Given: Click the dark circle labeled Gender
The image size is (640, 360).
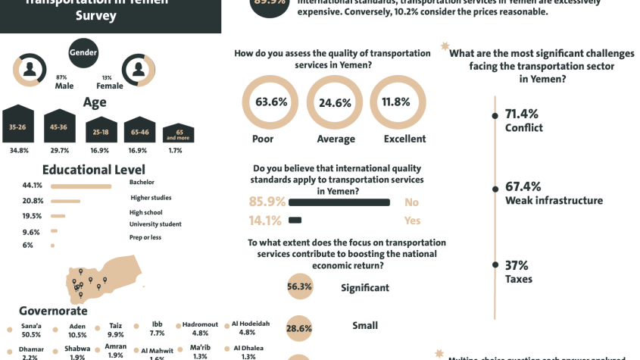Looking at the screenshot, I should [83, 52].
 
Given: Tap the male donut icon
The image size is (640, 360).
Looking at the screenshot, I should [30, 70].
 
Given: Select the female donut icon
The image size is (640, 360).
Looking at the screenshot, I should [139, 70].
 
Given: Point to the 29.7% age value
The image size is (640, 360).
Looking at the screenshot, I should [60, 150].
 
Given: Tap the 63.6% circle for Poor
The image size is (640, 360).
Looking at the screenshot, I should [270, 102].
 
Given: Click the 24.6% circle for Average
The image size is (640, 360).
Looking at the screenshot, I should [335, 102].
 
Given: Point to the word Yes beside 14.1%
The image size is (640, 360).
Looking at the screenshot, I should [412, 221].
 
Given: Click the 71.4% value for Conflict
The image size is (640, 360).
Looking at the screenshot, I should [522, 114].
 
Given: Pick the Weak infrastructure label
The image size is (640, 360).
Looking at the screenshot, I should [554, 201].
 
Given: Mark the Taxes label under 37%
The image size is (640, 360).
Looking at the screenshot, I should [519, 279].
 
